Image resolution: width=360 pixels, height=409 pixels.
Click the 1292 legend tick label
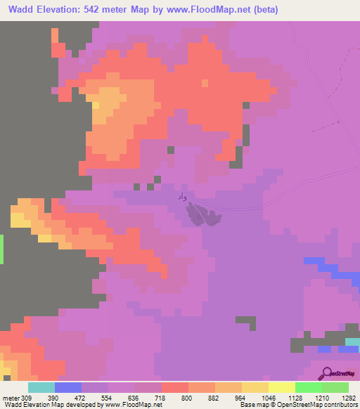(349, 397)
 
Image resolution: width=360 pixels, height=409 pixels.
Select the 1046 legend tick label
(269, 397)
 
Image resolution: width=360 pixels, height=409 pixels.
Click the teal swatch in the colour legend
(41, 387)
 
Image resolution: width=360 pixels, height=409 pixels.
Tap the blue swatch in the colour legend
(68, 387)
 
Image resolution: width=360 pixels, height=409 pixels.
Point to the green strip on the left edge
(2, 249)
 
